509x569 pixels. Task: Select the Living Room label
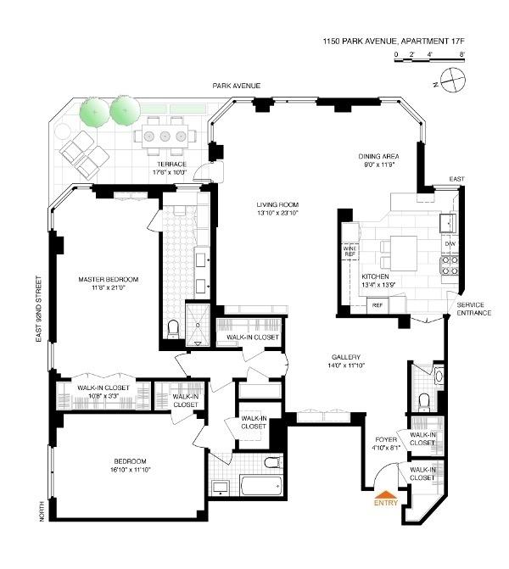click(279, 204)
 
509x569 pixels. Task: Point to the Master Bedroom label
click(109, 279)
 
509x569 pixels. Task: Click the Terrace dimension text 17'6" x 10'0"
click(171, 173)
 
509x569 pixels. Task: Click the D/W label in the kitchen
click(450, 243)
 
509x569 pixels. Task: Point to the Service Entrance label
click(473, 309)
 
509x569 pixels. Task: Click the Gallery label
click(346, 357)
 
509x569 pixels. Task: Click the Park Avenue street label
click(237, 86)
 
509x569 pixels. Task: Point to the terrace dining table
click(165, 133)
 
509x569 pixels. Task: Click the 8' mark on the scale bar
click(462, 55)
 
